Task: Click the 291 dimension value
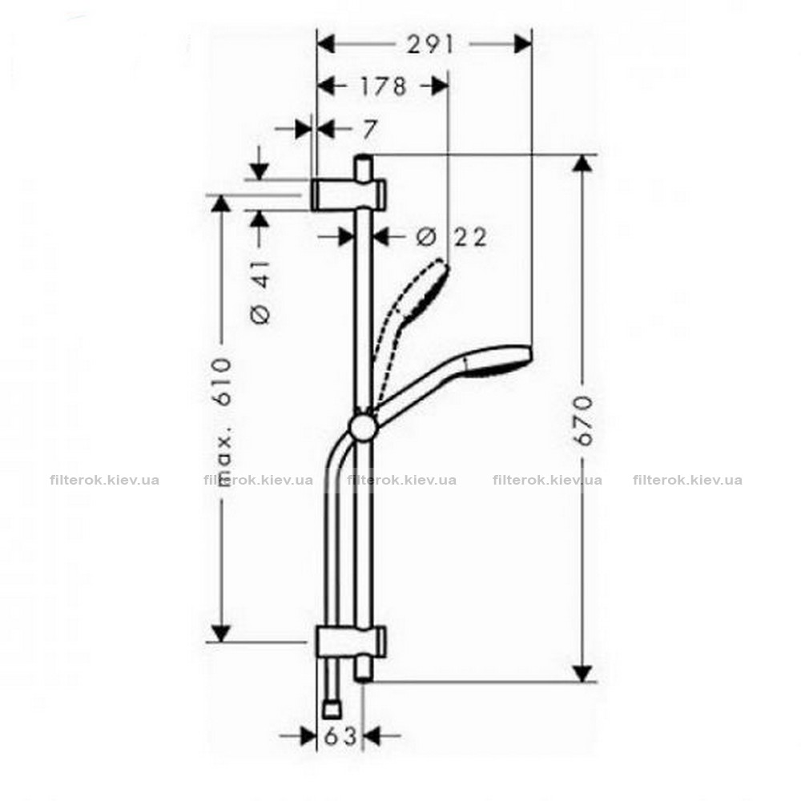point(429,45)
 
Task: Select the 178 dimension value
point(383,87)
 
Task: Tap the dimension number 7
point(369,129)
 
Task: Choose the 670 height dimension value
point(583,420)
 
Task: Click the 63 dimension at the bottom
point(340,736)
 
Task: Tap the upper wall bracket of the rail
point(348,195)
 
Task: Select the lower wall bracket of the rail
point(351,642)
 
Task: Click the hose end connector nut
point(333,710)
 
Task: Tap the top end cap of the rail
point(363,167)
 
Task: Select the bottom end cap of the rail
point(363,670)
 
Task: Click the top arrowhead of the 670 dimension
point(583,164)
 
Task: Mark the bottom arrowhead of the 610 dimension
point(221,634)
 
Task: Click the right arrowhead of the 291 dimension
point(523,44)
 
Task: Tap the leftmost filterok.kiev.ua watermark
point(105,480)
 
